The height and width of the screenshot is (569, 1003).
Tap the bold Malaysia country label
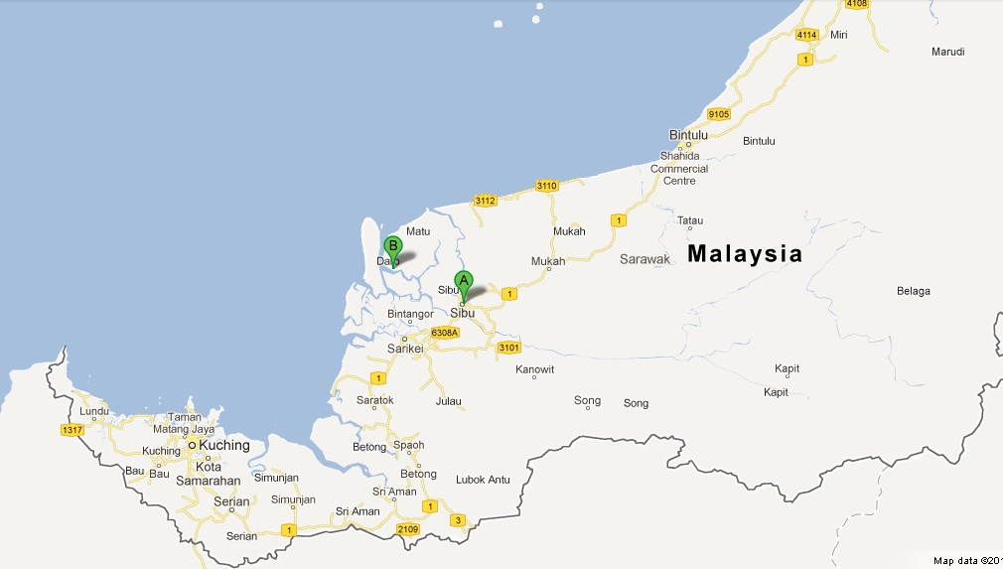pyautogui.click(x=745, y=253)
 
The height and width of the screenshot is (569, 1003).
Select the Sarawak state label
pyautogui.click(x=645, y=259)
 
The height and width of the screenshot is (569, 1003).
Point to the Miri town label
pyautogui.click(x=839, y=35)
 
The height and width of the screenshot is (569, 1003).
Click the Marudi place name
pyautogui.click(x=947, y=52)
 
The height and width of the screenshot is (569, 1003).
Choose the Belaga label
pyautogui.click(x=913, y=291)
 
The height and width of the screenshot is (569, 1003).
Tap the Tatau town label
pyautogui.click(x=689, y=221)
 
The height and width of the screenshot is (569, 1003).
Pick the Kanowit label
pyautogui.click(x=535, y=369)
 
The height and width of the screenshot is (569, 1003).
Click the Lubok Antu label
pyautogui.click(x=483, y=480)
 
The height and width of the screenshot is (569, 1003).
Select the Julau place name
pyautogui.click(x=448, y=401)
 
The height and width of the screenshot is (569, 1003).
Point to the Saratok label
pyautogui.click(x=375, y=400)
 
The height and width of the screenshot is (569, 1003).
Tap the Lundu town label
pyautogui.click(x=94, y=410)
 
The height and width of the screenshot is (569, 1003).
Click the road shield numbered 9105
pyautogui.click(x=718, y=114)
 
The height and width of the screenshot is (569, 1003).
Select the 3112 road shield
pyautogui.click(x=485, y=201)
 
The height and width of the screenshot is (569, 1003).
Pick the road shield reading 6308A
pyautogui.click(x=444, y=332)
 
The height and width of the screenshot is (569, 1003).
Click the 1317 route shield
pyautogui.click(x=72, y=430)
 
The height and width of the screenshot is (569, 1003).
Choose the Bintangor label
pyautogui.click(x=410, y=314)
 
